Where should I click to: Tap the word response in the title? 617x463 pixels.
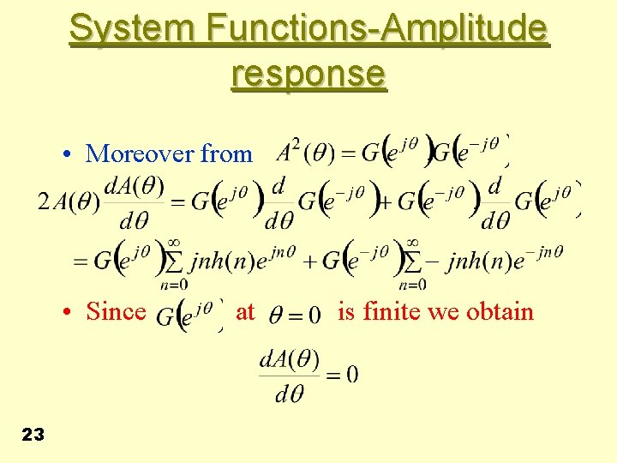click(308, 75)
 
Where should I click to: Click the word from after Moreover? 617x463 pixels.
click(226, 154)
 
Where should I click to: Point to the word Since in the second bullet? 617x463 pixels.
click(116, 311)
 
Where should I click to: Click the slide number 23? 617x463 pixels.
click(33, 435)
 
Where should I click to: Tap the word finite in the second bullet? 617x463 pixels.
click(391, 311)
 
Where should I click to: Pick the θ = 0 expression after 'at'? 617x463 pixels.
click(295, 315)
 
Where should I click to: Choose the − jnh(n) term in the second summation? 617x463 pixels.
click(470, 261)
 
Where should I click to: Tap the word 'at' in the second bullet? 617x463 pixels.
click(245, 312)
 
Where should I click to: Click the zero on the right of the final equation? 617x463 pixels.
click(352, 375)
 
